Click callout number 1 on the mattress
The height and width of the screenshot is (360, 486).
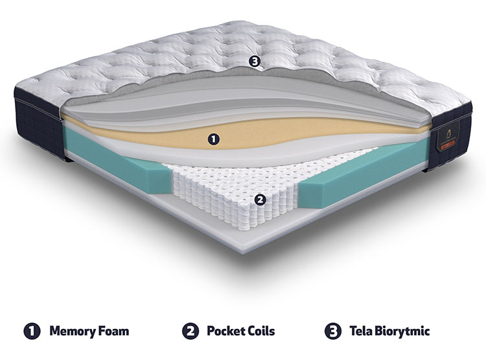point(213,139)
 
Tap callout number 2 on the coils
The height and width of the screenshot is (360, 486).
point(260,200)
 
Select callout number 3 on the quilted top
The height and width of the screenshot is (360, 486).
point(255,62)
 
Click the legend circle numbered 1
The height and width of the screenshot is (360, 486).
point(32,331)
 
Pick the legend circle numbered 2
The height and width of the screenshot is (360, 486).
point(191,331)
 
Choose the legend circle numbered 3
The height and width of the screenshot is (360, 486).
point(333,331)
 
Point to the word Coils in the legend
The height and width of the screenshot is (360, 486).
point(262,331)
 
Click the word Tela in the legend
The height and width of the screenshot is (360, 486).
point(361,331)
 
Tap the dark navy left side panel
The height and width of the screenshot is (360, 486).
point(40,124)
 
